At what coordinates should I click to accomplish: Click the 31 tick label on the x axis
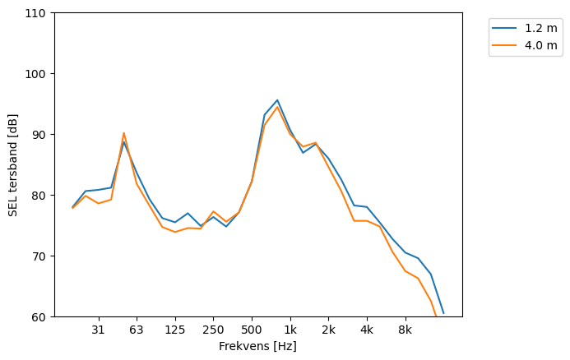(98, 330)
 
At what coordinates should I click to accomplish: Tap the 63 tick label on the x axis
(137, 330)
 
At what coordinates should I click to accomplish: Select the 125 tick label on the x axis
(174, 330)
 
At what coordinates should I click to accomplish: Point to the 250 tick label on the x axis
(213, 330)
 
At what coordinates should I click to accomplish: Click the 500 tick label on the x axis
(252, 330)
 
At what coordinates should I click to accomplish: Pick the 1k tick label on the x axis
(290, 330)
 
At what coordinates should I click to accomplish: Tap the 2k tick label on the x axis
(328, 330)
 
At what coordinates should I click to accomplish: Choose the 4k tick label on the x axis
(367, 330)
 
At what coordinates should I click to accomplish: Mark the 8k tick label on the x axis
(405, 330)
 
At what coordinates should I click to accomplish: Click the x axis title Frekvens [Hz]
(257, 346)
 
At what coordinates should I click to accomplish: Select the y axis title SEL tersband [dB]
(13, 165)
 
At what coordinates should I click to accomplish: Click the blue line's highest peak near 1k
(277, 100)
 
